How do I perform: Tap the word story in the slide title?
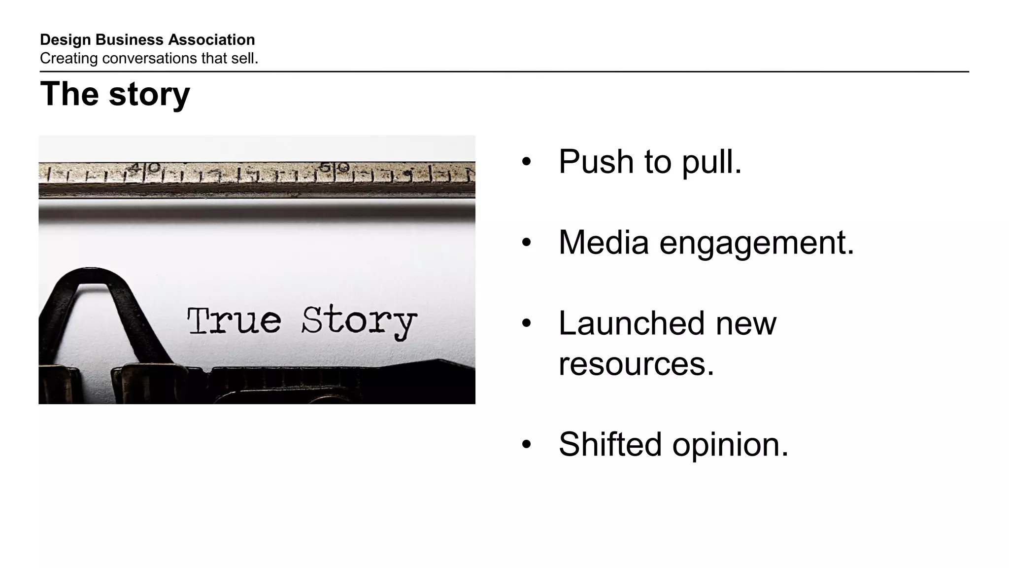(149, 94)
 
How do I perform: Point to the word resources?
(636, 364)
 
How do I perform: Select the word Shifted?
(610, 444)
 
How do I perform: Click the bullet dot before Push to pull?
(526, 162)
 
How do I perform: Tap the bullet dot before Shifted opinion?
(526, 444)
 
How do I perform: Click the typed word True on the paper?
(234, 321)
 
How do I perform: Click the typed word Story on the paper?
(359, 322)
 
